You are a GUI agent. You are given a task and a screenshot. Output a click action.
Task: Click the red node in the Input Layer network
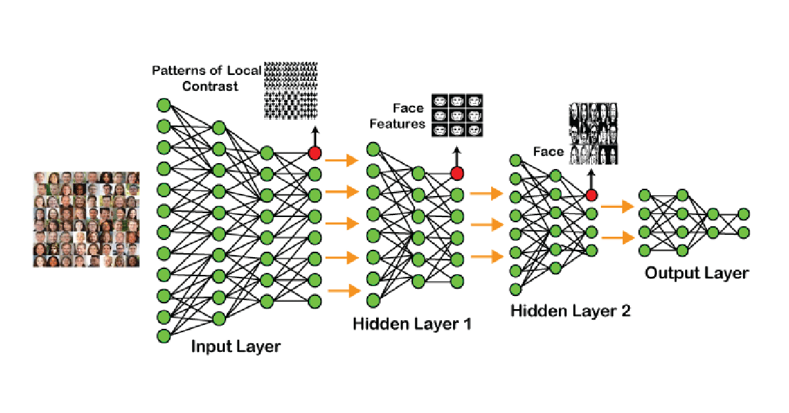[x=314, y=153]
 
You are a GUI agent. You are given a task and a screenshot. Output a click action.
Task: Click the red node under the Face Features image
[x=457, y=174]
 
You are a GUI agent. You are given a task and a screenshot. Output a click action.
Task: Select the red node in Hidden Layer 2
[x=591, y=195]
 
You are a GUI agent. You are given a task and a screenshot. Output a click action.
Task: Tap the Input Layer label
[x=235, y=347]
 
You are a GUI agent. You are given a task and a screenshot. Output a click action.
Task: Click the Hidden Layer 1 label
[x=412, y=324]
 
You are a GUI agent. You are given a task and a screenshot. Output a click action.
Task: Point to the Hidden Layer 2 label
[x=570, y=311]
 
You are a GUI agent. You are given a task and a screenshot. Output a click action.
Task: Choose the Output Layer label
[x=696, y=273]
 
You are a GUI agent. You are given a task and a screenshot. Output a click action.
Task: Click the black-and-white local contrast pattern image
[x=291, y=90]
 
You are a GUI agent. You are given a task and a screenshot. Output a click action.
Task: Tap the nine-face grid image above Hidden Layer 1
[x=457, y=115]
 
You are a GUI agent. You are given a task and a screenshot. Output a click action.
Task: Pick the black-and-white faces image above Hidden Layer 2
[x=593, y=134]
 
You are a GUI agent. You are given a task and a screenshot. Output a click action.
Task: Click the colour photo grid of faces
[x=87, y=219]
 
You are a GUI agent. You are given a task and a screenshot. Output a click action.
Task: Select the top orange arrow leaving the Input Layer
[x=343, y=160]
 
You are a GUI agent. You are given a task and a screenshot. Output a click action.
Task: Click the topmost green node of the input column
[x=163, y=105]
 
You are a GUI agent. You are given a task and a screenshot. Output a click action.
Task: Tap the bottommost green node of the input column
[x=163, y=337]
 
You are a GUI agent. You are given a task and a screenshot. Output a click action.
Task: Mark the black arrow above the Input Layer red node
[x=314, y=135]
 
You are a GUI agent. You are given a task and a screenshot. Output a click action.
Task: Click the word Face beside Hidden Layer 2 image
[x=548, y=152]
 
